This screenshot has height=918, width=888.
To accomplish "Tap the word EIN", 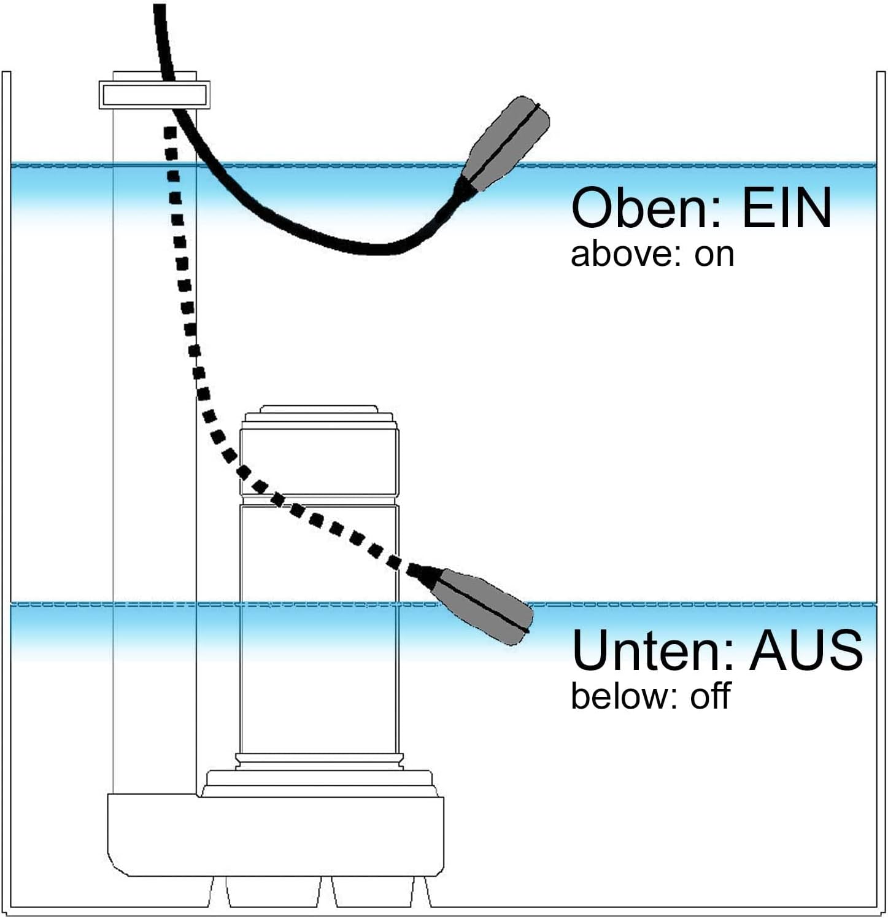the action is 787,208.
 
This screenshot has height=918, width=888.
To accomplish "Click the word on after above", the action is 714,257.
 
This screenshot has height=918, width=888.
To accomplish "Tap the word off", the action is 710,696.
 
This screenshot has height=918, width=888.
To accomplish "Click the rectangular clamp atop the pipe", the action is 155,95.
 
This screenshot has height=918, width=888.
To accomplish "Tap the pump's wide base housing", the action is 276,835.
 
